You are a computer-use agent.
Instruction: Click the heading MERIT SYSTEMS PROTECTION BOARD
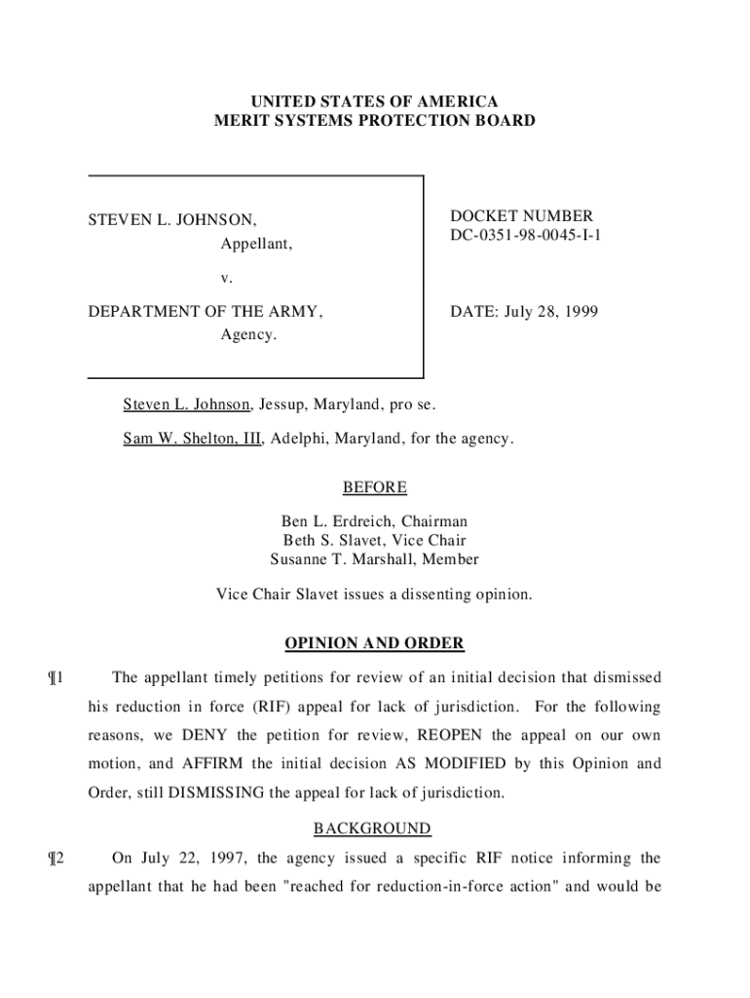point(375,122)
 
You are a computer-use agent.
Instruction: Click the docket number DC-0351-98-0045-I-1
point(525,235)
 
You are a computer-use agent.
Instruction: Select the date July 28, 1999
point(548,313)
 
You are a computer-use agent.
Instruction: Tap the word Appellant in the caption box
point(256,244)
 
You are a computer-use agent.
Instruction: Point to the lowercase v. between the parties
point(226,278)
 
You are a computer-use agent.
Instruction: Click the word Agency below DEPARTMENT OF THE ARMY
point(248,335)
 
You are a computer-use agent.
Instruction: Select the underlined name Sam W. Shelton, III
point(192,440)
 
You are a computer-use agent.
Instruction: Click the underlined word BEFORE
point(374,487)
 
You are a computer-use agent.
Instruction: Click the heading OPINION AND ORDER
point(374,644)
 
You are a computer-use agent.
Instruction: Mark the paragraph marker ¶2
point(56,859)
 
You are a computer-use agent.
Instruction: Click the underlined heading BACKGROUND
point(371,828)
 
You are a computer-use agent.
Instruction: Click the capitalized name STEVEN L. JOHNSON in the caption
point(172,221)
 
